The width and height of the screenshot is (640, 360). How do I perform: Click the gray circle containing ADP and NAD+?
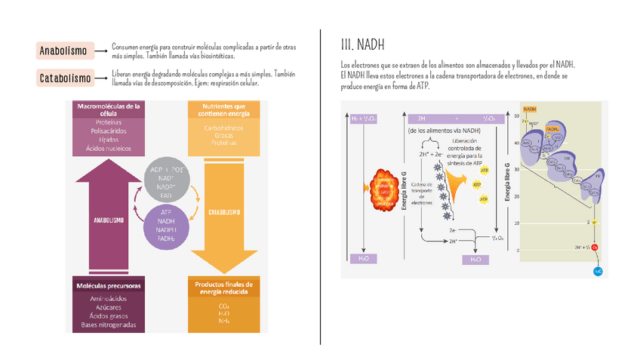168,180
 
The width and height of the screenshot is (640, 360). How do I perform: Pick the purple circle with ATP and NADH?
168,226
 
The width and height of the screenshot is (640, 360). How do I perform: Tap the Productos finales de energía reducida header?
224,286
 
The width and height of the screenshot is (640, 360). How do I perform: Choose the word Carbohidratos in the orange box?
224,128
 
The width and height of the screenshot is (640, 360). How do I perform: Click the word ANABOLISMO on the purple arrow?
109,221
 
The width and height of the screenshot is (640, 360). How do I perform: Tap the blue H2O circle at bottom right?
598,270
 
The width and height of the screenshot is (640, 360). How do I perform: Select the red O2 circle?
594,247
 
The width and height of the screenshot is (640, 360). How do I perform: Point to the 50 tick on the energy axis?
515,118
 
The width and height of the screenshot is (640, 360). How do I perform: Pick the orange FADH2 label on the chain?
552,129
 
